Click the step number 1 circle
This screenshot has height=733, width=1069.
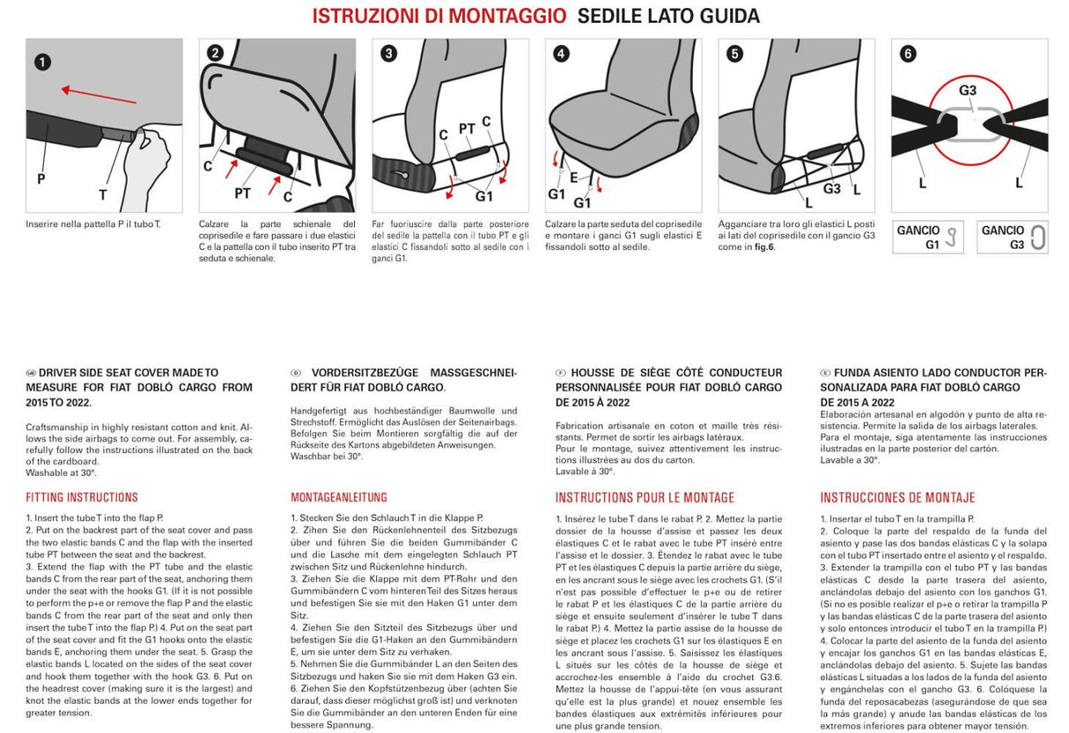[42, 62]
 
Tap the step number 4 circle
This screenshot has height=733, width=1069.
[561, 54]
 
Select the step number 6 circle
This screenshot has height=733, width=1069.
[908, 54]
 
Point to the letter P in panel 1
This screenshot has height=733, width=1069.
[41, 178]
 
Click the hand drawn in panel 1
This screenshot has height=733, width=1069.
[149, 167]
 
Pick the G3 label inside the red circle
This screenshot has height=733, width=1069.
[968, 91]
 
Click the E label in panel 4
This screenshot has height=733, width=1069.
[573, 177]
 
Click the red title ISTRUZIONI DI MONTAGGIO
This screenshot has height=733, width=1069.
[439, 16]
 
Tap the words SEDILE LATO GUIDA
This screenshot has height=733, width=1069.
[668, 16]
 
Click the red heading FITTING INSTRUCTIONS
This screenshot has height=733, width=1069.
[82, 497]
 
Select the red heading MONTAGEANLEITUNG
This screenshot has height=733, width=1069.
[339, 497]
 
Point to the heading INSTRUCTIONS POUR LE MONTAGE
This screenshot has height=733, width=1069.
[645, 497]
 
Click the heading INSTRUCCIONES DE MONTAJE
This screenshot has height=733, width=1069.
[897, 497]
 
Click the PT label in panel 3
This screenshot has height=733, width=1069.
[467, 129]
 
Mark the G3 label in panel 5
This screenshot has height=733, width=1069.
[832, 187]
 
